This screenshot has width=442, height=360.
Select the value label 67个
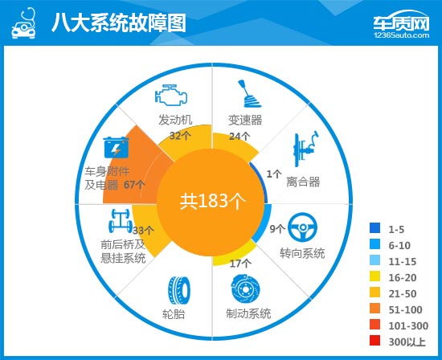pos(135,185)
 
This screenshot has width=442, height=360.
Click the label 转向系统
pos(302,253)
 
